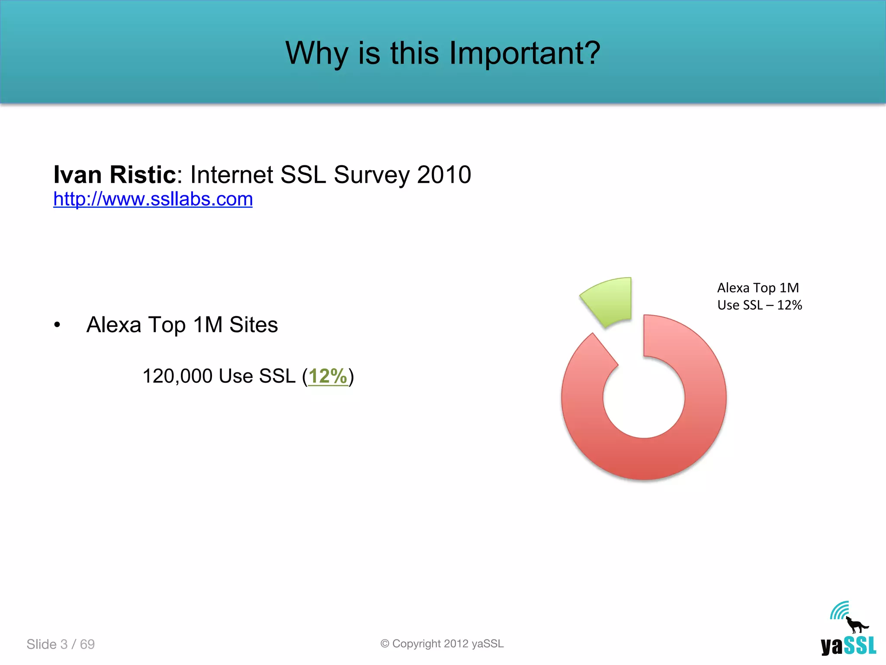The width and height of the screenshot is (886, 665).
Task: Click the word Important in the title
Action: tap(524, 53)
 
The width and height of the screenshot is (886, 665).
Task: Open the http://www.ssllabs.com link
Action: tap(153, 199)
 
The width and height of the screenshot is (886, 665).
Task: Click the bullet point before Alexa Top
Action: tap(57, 325)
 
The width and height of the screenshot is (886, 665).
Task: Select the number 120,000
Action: tap(177, 376)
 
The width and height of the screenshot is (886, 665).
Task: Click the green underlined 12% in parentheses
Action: tap(328, 376)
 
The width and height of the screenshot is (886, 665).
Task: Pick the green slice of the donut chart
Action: tap(610, 301)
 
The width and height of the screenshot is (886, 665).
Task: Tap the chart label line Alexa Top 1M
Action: tap(758, 288)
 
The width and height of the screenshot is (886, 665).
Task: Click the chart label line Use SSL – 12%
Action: tap(760, 305)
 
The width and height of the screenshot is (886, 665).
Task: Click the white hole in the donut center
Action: tap(644, 397)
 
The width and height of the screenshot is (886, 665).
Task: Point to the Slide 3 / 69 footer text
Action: tap(61, 644)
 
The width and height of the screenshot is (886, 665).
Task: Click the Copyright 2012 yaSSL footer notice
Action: tap(442, 644)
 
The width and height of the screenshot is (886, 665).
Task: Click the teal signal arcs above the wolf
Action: tap(840, 610)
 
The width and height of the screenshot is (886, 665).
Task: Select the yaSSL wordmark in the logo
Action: tap(848, 646)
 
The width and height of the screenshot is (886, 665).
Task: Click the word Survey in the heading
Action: tap(372, 175)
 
